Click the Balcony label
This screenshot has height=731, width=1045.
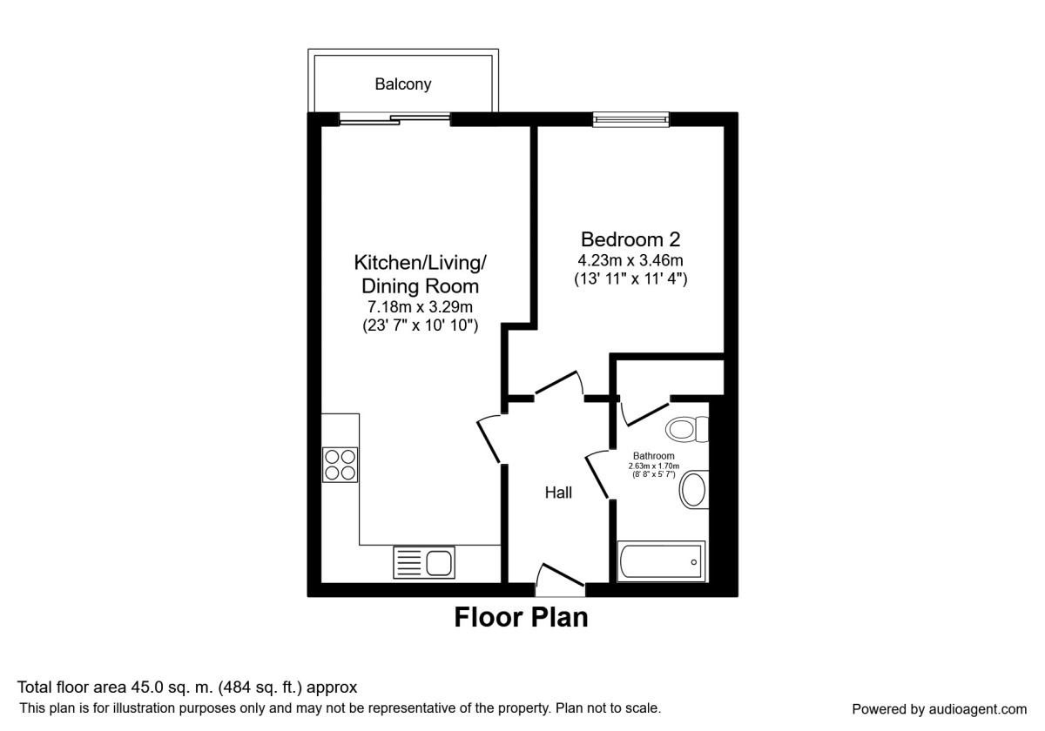(x=402, y=84)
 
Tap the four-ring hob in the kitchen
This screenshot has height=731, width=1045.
(x=340, y=464)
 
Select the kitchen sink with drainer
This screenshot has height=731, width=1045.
(x=424, y=562)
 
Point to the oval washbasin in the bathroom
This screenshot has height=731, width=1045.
(x=693, y=491)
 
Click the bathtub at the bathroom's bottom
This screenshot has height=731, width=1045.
(x=660, y=562)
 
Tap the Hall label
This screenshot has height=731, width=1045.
(x=558, y=493)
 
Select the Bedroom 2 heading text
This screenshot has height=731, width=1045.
(x=630, y=238)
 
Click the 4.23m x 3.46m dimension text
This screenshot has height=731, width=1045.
(x=630, y=260)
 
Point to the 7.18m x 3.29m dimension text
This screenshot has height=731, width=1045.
(x=421, y=307)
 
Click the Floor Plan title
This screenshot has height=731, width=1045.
(x=521, y=618)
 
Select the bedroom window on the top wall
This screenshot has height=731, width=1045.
(x=630, y=120)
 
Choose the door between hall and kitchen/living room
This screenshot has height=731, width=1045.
(x=490, y=439)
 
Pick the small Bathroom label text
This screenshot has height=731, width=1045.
(x=653, y=455)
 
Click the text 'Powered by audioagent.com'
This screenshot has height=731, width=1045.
(x=939, y=708)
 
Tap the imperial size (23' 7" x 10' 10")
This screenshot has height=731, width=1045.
(x=421, y=326)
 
